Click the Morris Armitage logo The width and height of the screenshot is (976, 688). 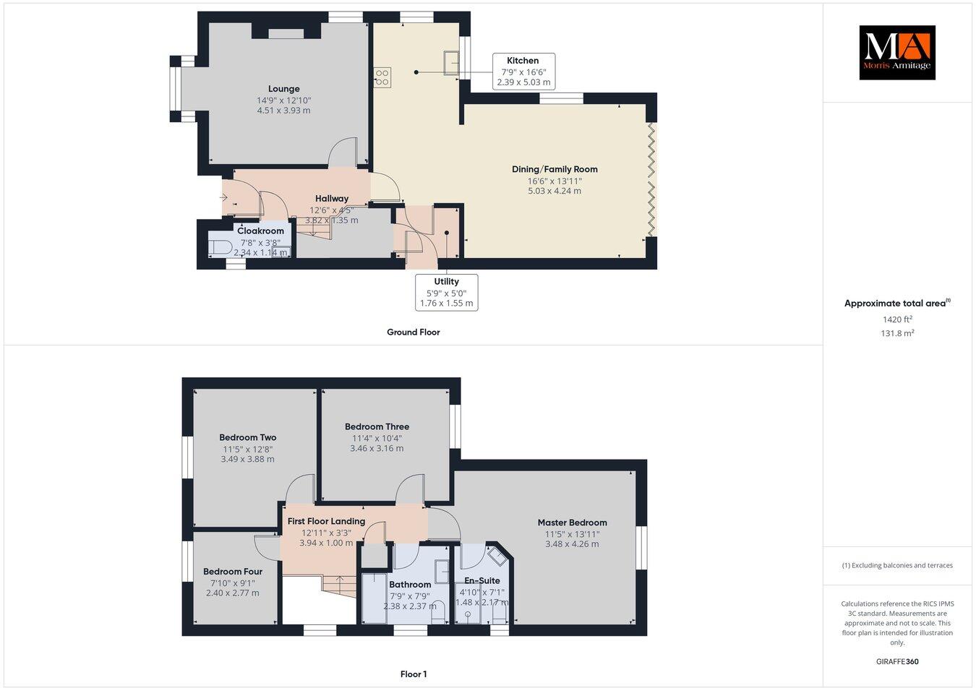896,52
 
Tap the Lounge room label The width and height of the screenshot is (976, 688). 283,90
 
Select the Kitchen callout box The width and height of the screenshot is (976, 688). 523,72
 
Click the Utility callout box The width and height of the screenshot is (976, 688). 446,292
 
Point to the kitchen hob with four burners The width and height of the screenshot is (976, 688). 382,77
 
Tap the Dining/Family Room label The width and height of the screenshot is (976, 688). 555,169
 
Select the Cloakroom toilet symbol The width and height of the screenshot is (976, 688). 219,248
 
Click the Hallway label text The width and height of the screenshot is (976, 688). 332,199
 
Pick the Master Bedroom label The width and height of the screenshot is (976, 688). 572,523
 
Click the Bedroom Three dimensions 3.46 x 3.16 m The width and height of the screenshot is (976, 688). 377,448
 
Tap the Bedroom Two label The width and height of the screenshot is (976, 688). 247,437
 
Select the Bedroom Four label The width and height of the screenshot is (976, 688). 232,572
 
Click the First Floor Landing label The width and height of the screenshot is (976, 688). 326,521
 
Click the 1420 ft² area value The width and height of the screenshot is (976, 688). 897,319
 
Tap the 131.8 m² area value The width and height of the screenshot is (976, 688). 898,333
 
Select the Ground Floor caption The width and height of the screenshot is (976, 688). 413,332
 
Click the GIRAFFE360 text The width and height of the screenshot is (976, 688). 897,661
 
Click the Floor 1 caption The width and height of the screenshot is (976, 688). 414,674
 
